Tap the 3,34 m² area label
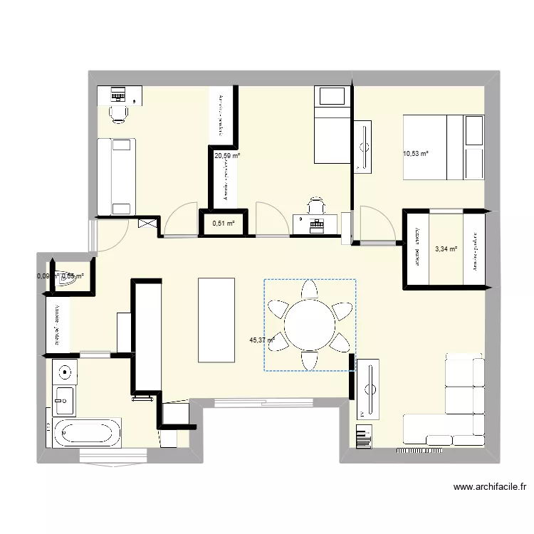click(x=445, y=249)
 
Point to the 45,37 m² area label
click(x=262, y=340)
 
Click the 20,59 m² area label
click(x=227, y=155)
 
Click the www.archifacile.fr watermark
click(x=490, y=488)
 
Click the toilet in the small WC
click(x=68, y=281)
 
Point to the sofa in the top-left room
click(x=115, y=176)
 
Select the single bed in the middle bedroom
click(x=332, y=125)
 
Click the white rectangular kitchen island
click(x=216, y=320)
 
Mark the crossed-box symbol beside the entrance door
click(x=149, y=224)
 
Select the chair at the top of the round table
click(x=310, y=290)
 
